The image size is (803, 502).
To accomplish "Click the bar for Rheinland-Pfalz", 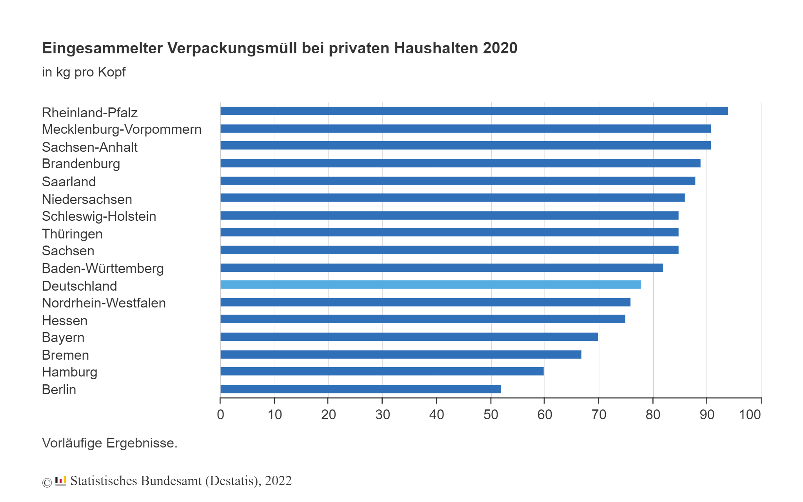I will [x=474, y=111].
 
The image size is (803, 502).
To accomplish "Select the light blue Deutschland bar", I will [x=431, y=285].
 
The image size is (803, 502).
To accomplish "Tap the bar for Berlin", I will [x=360, y=389].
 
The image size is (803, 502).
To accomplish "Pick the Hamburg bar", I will [x=382, y=371].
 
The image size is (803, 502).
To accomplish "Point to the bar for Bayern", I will [x=409, y=337].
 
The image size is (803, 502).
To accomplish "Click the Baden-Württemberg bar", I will [x=441, y=268].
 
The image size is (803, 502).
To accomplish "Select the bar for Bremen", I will [x=401, y=355].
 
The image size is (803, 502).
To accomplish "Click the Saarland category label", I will [x=69, y=182].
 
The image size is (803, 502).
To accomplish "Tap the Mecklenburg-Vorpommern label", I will [x=122, y=129].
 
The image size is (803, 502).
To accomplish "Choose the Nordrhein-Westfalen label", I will [x=104, y=303].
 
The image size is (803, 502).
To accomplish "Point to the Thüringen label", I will [x=72, y=234].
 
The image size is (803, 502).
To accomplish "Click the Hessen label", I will [x=65, y=320].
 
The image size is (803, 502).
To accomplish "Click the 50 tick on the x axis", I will [x=491, y=415].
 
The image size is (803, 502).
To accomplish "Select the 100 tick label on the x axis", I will [x=750, y=415].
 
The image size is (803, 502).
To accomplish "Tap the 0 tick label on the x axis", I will [x=220, y=415].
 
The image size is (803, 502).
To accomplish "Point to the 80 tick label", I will [x=653, y=415].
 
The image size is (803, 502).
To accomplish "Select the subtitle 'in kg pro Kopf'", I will [x=84, y=72].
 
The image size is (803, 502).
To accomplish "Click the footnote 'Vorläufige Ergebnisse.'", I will [x=110, y=443].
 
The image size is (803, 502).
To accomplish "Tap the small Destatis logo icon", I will [x=60, y=481].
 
